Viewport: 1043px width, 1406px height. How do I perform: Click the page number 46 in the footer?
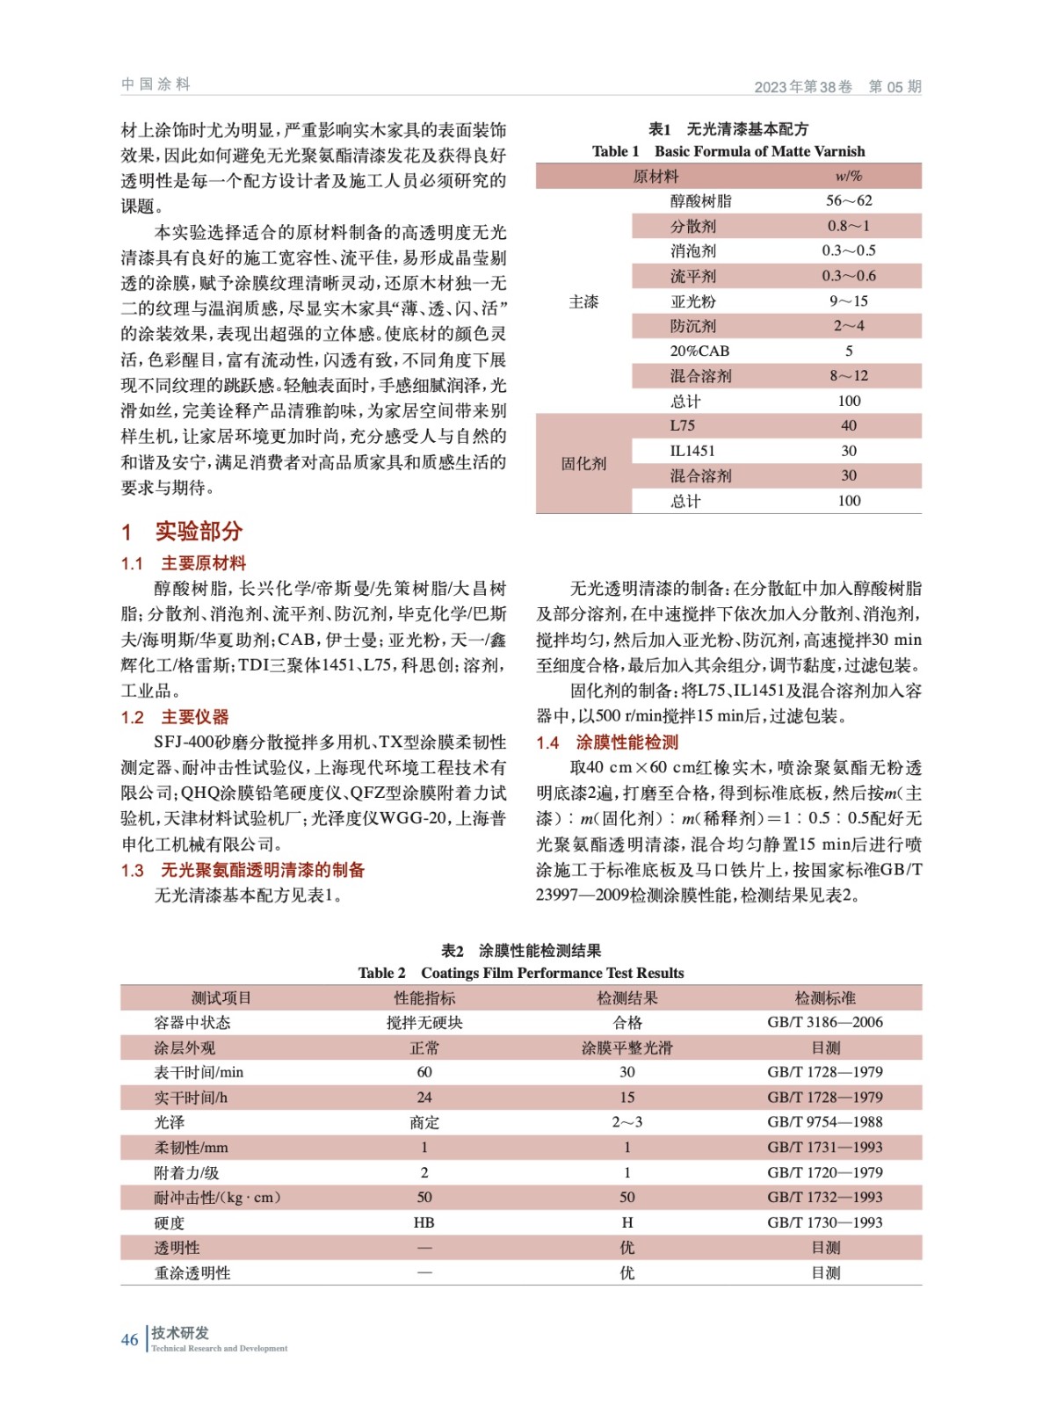click(129, 1339)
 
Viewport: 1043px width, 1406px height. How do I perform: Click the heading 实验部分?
click(198, 532)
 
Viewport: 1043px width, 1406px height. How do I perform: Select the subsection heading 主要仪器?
click(194, 717)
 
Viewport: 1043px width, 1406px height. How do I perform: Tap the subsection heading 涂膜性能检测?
click(627, 743)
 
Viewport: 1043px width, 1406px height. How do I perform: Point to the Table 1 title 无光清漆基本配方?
click(747, 129)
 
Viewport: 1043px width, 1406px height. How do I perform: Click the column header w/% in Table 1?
click(848, 176)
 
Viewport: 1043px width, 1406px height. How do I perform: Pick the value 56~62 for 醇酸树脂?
click(848, 200)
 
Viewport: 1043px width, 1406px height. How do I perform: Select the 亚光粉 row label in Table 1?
click(693, 301)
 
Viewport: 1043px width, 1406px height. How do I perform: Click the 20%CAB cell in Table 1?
click(699, 351)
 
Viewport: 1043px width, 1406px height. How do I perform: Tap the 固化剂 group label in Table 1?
click(583, 463)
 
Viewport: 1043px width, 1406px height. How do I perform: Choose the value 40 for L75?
click(848, 425)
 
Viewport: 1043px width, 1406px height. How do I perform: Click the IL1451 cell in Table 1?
click(692, 451)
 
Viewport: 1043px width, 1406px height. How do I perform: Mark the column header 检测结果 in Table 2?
click(627, 997)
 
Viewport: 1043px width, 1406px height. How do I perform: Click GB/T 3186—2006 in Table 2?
click(824, 1022)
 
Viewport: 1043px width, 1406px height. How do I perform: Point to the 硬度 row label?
click(170, 1222)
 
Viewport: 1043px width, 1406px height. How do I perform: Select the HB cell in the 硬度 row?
click(424, 1222)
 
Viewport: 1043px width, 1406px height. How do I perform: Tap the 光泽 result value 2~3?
click(627, 1122)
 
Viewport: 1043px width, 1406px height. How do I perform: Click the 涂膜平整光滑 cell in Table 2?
click(627, 1047)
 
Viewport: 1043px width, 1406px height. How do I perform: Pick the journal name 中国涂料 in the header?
click(156, 84)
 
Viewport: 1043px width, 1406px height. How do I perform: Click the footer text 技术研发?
click(180, 1332)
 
